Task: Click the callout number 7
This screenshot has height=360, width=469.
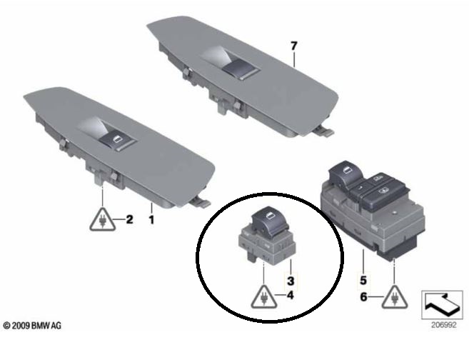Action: [x=294, y=46]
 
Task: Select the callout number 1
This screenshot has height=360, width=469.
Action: [x=151, y=220]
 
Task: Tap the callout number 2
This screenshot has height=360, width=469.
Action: [x=129, y=219]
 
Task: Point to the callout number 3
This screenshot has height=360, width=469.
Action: [x=291, y=281]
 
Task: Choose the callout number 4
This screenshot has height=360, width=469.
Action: [x=290, y=295]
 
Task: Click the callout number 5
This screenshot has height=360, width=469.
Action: [x=363, y=281]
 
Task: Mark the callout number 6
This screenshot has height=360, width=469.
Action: [x=363, y=297]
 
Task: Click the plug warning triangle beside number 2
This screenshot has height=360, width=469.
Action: [x=103, y=219]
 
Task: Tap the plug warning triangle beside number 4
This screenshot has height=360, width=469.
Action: [x=264, y=297]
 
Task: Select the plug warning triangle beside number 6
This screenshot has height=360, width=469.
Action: [x=395, y=297]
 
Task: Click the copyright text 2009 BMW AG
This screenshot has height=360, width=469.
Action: [x=32, y=325]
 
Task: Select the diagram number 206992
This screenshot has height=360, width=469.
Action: [x=443, y=325]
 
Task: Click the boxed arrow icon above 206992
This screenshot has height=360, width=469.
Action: [x=442, y=304]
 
